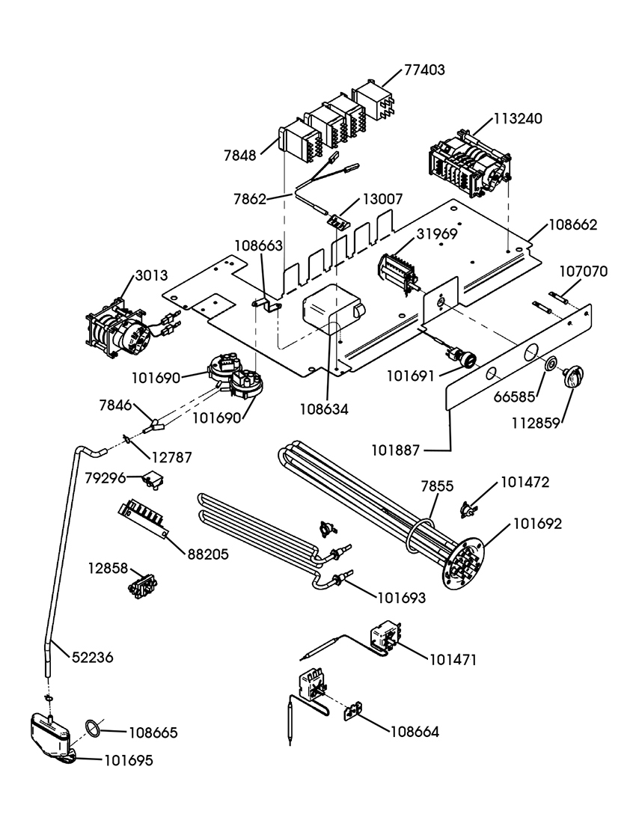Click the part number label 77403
tap(424, 70)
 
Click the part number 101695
tap(128, 760)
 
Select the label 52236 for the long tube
tap(93, 658)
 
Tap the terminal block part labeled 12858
tap(141, 584)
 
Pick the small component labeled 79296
tap(156, 480)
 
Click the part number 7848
tap(239, 156)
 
